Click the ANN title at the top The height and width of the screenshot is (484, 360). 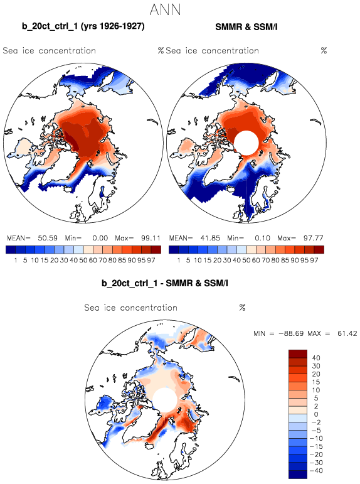tap(165, 10)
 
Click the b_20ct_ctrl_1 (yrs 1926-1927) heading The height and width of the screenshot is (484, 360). tap(83, 26)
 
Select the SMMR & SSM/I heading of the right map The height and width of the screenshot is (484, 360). tap(246, 27)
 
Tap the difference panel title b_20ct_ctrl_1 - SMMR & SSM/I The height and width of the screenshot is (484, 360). tap(165, 282)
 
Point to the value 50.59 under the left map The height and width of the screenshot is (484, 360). tap(48, 238)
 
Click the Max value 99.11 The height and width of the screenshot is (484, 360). tap(151, 238)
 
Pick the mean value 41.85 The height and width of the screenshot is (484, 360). tap(209, 238)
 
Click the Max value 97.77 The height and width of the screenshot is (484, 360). tap(313, 238)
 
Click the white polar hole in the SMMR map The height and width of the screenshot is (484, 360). tap(246, 143)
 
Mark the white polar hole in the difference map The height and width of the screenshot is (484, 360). tap(165, 400)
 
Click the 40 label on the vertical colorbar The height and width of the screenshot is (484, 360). tap(316, 358)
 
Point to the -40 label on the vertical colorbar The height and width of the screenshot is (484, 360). tap(314, 471)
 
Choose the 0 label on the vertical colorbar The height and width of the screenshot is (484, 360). tap(316, 414)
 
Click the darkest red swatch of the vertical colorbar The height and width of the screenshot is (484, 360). tap(298, 353)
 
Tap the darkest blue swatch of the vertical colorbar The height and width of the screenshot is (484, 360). tap(298, 475)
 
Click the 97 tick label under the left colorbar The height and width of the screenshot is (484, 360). tap(151, 261)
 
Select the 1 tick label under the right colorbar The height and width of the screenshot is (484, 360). tap(178, 261)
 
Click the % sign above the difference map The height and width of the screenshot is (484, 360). tap(242, 308)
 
